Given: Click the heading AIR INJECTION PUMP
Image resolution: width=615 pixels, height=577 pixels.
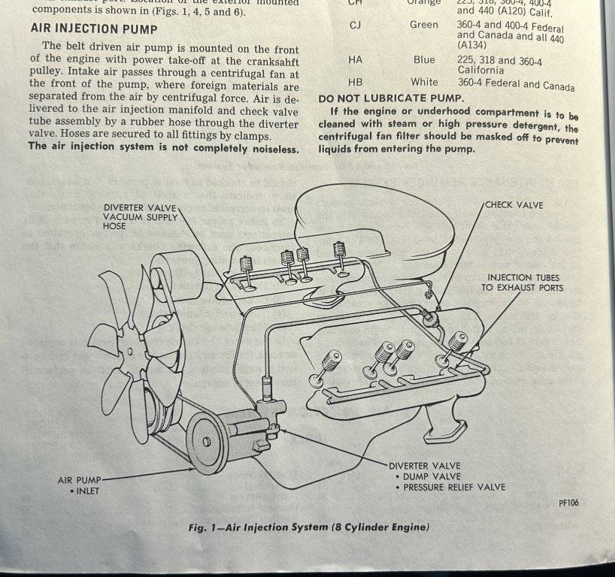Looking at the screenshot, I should coord(94,29).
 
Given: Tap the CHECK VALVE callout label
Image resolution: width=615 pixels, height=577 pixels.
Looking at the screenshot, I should coord(514,204).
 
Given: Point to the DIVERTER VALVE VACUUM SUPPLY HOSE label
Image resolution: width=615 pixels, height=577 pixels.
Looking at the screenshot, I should coord(141,216).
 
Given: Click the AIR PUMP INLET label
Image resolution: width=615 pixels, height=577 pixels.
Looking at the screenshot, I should coord(80,485).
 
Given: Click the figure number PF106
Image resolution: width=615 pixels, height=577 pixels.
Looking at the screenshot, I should coord(568,503).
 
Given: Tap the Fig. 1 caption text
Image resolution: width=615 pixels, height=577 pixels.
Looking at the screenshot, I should coord(309,527).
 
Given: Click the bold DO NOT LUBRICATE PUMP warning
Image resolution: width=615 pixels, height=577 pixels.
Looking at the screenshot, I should coord(391,98).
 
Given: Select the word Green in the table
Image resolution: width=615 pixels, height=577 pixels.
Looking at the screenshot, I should coord(423,25).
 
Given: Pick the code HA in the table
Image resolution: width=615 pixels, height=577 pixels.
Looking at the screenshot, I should coord(355,59).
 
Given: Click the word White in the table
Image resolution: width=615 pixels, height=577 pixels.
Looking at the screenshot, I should coord(424,82).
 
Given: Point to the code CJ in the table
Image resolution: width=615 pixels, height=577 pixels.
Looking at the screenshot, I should coord(356,25).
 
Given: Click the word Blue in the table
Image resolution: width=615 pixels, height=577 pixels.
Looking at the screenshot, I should coord(423,59).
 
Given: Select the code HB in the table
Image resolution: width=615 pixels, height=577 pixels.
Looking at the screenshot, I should coord(355,82).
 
